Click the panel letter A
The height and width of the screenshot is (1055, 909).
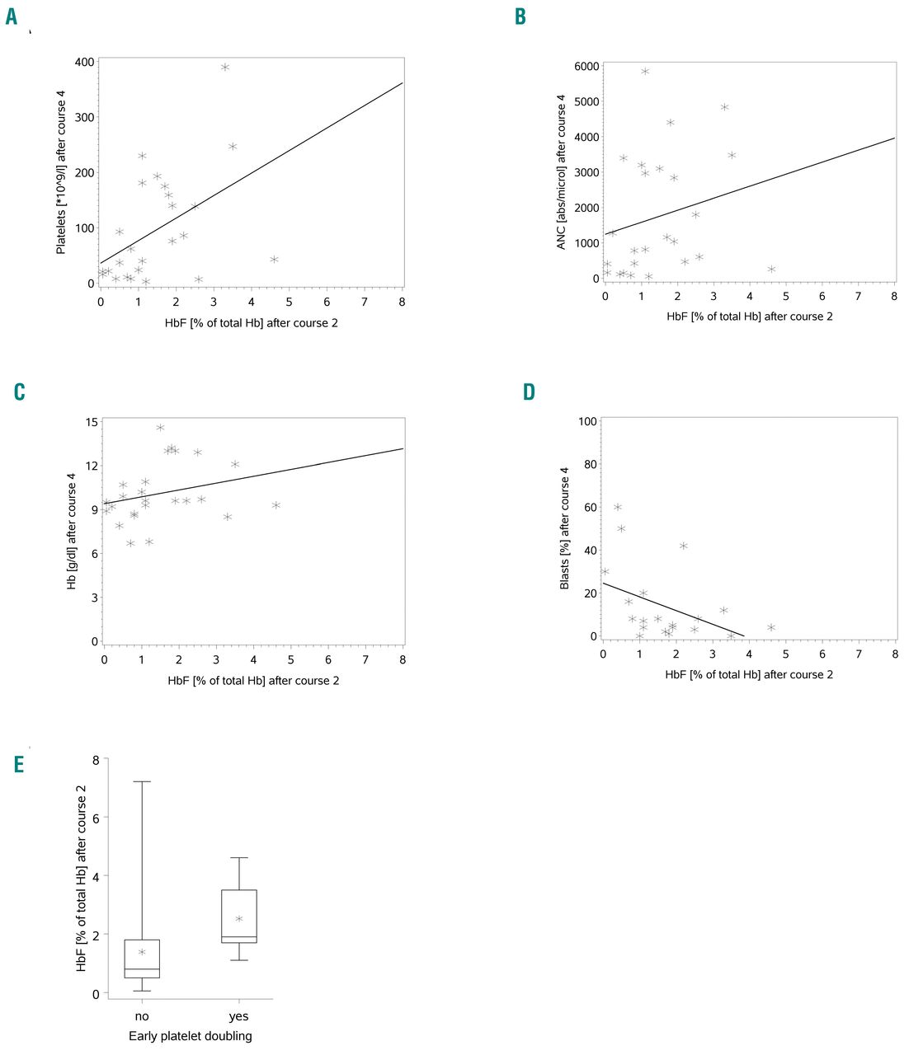point(12,16)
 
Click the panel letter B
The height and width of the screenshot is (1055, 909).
point(520,16)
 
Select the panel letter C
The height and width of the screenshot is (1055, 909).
point(20,392)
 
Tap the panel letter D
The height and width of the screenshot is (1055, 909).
point(530,392)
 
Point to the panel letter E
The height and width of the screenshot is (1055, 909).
point(19,764)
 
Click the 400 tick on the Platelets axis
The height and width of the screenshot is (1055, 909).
point(84,62)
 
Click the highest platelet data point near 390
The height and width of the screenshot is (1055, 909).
point(225,68)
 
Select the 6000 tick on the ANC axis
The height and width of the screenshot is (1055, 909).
point(586,66)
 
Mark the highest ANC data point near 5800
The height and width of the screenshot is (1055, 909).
point(645,72)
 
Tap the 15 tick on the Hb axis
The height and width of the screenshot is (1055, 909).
point(92,422)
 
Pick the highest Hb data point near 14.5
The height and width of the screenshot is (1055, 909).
point(160,428)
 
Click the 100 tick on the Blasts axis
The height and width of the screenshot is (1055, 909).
point(587,421)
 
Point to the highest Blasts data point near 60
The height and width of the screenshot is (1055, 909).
point(618,507)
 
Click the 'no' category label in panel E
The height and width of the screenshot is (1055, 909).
point(142,1016)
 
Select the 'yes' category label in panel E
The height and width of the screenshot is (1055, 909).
point(238,1016)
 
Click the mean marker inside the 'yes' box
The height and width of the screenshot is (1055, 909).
point(239,919)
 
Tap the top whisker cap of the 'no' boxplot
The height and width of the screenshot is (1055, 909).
point(142,781)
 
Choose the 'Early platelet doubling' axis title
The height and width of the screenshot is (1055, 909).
point(191,1036)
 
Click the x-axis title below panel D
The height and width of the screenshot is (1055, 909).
point(749,674)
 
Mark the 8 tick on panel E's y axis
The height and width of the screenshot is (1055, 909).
point(95,759)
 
